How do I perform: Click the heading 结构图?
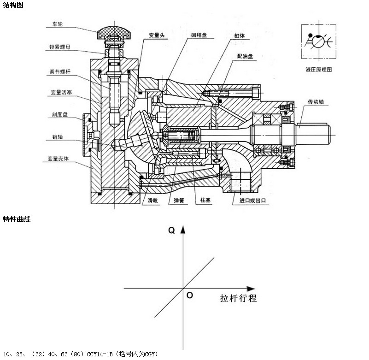12,5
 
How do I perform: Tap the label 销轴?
57,136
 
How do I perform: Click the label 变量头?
156,35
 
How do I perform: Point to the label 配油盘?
245,56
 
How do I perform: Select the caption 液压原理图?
318,70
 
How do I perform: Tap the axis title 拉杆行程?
238,297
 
